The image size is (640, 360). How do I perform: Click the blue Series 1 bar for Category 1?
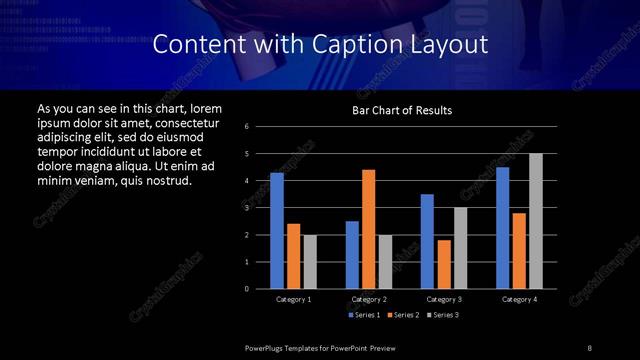coord(277,231)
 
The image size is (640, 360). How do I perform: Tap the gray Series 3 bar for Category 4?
coord(535,221)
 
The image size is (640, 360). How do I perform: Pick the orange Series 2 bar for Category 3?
coord(444,264)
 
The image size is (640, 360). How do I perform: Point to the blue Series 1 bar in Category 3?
coord(427,241)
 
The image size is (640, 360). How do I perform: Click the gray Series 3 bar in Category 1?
coord(310,262)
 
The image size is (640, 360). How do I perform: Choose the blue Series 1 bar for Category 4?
coord(502,228)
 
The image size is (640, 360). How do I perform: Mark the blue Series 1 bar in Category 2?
coord(352,255)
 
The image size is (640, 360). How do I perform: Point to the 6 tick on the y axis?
coord(247,126)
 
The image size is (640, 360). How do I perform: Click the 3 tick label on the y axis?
coord(247,207)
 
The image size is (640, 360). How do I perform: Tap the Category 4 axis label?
coord(518,299)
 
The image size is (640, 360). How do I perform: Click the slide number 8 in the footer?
coord(589,347)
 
